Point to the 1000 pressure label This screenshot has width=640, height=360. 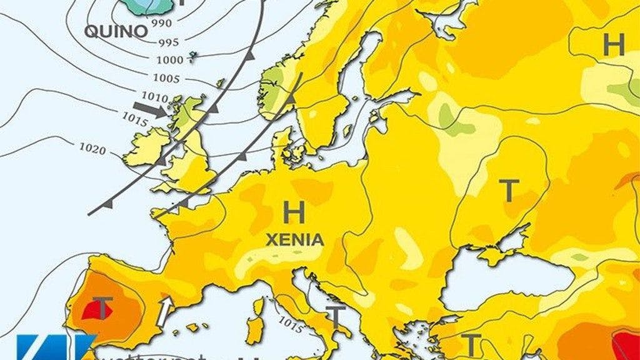[171, 60]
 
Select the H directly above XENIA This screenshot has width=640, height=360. [294, 213]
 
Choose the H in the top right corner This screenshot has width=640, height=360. [613, 45]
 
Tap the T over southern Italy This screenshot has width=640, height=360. [336, 319]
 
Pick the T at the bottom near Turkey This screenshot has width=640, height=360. [472, 344]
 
